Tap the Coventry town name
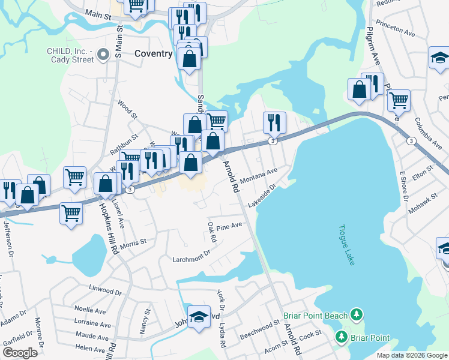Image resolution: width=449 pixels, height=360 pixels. coord(154,53)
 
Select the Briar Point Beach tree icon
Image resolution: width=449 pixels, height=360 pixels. coord(357,314)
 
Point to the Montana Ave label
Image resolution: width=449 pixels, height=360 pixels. coord(258,175)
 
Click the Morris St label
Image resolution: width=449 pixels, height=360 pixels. coord(133,244)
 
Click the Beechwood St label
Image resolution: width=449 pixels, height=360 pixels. coord(260,329)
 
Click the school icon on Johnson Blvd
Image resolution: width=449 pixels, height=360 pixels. coord(199,316)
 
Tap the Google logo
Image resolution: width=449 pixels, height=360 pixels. coord(20,353)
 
